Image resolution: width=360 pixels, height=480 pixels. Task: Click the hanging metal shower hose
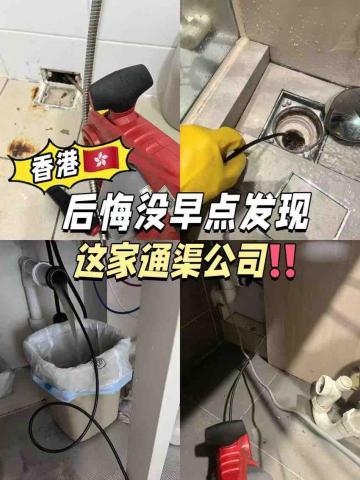pyautogui.click(x=91, y=50)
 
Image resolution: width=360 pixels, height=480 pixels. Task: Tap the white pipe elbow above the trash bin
pyautogui.click(x=40, y=279)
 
